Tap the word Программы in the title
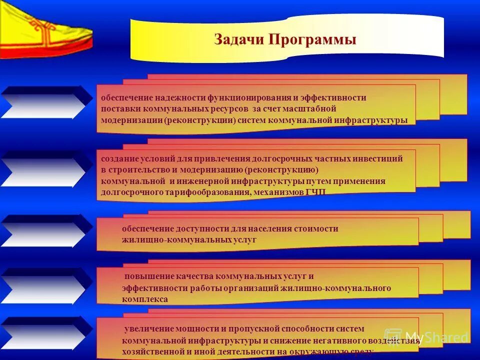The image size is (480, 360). (x=312, y=39)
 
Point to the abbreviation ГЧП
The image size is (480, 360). (x=315, y=192)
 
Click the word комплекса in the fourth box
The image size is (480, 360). (x=144, y=299)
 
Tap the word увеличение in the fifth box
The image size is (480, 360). (x=149, y=329)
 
